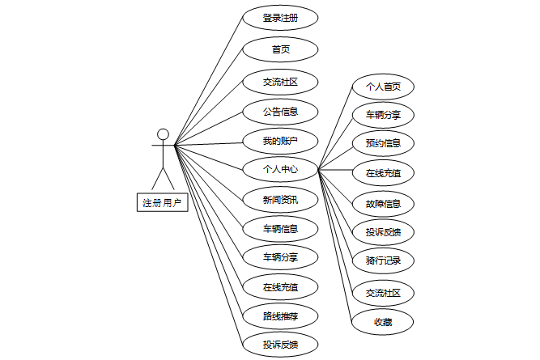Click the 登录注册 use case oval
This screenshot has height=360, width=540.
click(280, 19)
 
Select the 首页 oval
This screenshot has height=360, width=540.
click(280, 49)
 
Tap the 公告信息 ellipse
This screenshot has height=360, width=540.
click(280, 111)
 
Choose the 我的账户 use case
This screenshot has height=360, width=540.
click(280, 141)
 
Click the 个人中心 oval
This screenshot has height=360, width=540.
click(280, 170)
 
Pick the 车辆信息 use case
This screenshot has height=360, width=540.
click(280, 229)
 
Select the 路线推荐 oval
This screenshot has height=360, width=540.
click(280, 316)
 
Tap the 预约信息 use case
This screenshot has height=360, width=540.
click(383, 143)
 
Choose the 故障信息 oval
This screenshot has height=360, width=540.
click(383, 203)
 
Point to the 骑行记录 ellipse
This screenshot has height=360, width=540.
click(383, 260)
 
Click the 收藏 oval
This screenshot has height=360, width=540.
click(383, 321)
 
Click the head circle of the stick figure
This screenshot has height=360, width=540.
click(163, 134)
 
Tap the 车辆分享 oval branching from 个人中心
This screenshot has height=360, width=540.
click(383, 115)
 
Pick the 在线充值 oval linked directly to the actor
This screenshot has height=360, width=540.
click(280, 286)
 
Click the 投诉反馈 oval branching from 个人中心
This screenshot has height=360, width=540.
click(383, 233)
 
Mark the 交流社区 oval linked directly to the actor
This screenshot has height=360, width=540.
click(280, 81)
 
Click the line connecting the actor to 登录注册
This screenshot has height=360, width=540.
click(209, 82)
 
